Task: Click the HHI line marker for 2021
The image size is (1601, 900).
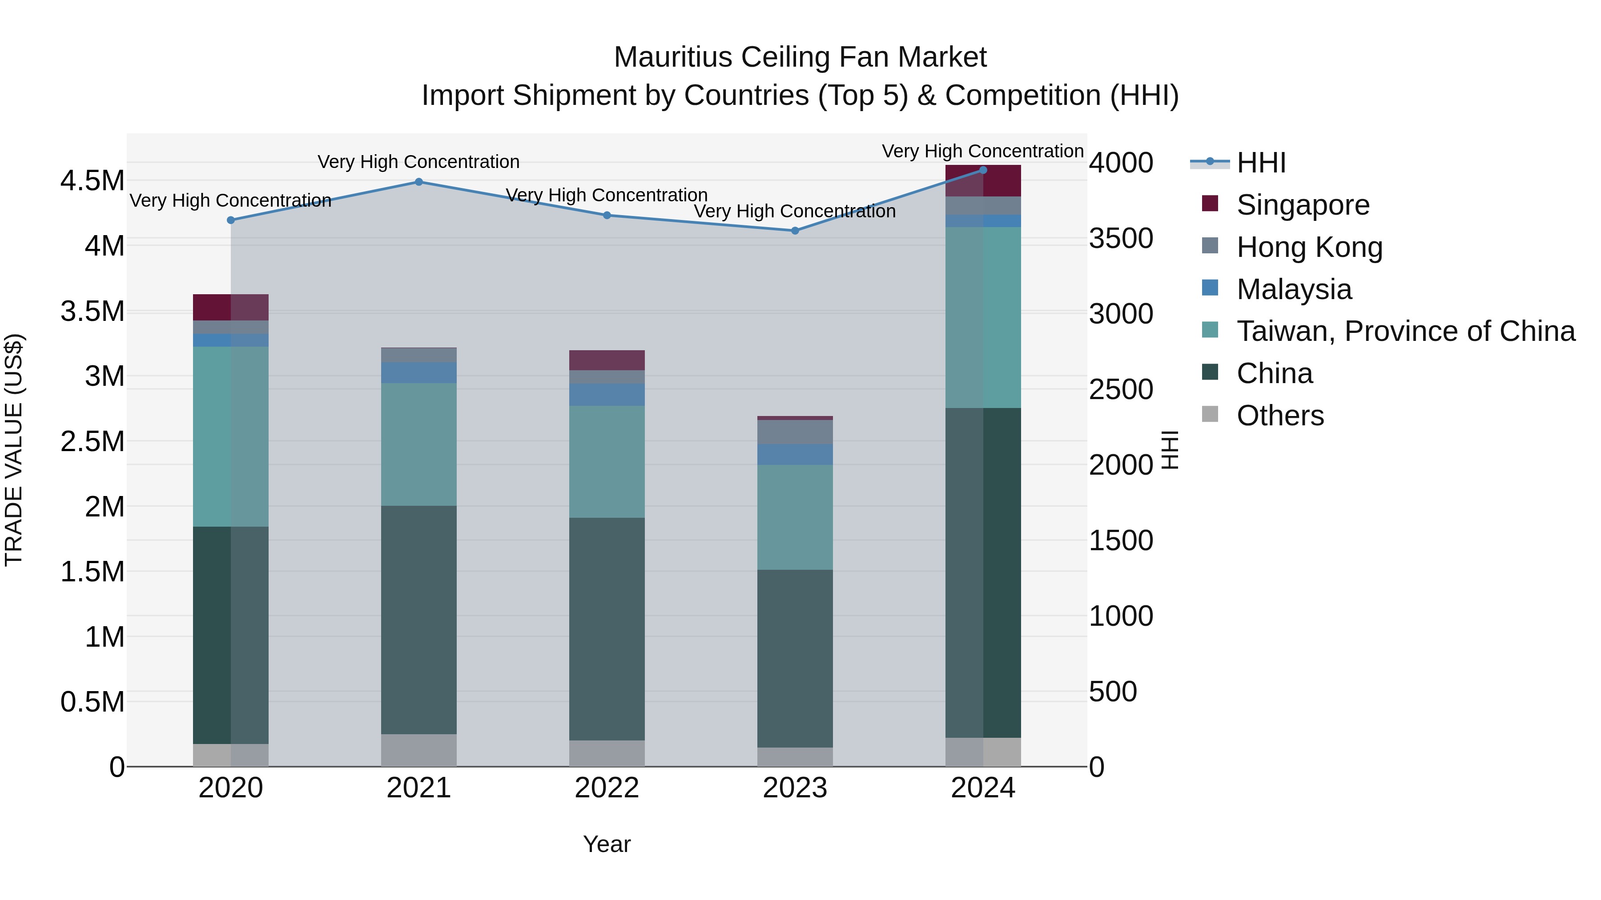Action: pyautogui.click(x=419, y=182)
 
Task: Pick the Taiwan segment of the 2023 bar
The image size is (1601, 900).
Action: pyautogui.click(x=795, y=517)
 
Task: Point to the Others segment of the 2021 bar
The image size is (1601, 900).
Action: pyautogui.click(x=419, y=750)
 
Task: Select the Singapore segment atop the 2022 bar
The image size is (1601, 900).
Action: pyautogui.click(x=607, y=360)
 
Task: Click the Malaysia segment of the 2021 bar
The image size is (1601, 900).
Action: pyautogui.click(x=419, y=373)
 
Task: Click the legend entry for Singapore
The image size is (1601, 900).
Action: pyautogui.click(x=1303, y=205)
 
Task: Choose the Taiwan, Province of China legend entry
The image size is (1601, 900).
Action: pyautogui.click(x=1406, y=331)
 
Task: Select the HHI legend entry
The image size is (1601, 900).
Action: pyautogui.click(x=1261, y=163)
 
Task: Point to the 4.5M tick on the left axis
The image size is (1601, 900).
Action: pyautogui.click(x=92, y=181)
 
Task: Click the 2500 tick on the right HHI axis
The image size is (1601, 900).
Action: pyautogui.click(x=1121, y=389)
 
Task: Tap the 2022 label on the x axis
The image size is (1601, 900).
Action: pyautogui.click(x=607, y=788)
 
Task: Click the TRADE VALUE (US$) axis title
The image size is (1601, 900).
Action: pyautogui.click(x=14, y=450)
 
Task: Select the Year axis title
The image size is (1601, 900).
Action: pyautogui.click(x=607, y=844)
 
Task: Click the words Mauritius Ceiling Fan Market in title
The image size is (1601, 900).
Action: pyautogui.click(x=800, y=57)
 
